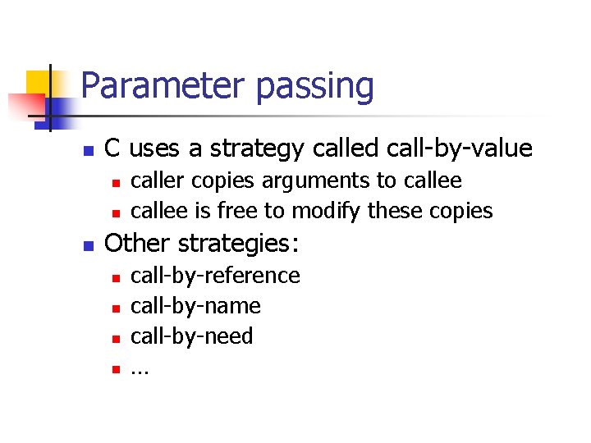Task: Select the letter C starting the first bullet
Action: (114, 148)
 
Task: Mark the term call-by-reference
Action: (216, 276)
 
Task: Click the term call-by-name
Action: (196, 306)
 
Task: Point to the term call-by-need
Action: (192, 336)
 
